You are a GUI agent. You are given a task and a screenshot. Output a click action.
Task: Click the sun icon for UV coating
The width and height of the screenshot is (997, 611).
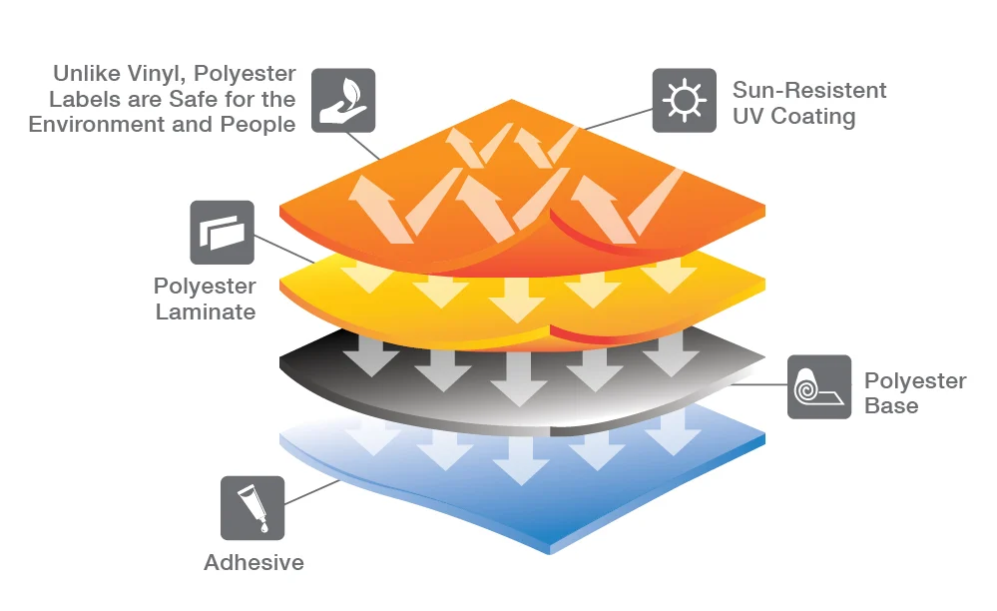pos(685,101)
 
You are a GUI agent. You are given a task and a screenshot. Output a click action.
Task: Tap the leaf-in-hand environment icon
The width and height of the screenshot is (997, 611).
pos(343,101)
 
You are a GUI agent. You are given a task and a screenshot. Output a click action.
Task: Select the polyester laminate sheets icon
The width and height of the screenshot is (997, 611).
pos(222,233)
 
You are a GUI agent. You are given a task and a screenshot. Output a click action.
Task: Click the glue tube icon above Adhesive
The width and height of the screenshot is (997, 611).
pos(252,507)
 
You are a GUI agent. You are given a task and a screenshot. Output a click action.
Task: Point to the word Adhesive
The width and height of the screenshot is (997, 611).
pos(253,563)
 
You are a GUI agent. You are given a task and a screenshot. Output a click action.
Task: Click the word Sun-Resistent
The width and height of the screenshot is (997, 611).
pos(809,90)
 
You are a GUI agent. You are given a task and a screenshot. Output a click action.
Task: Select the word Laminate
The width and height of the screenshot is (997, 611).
pos(206,311)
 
